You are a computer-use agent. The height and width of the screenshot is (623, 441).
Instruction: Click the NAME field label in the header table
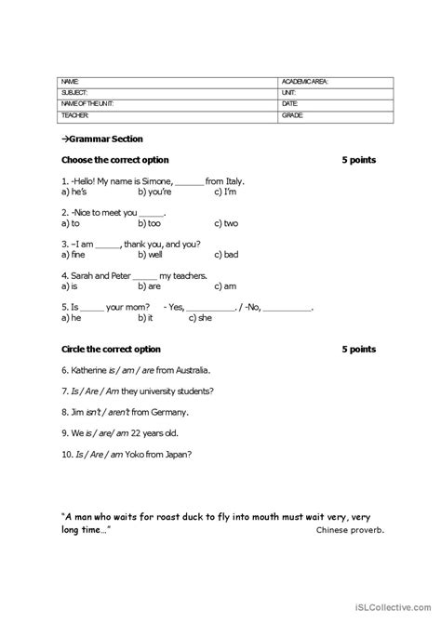pos(70,82)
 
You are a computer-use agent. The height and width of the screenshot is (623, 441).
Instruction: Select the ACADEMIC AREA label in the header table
pos(304,82)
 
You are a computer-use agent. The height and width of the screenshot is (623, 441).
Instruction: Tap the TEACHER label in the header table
pos(75,115)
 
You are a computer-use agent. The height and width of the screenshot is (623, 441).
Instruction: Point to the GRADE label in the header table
pos(293,115)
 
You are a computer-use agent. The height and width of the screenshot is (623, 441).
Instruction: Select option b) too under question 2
pos(149,223)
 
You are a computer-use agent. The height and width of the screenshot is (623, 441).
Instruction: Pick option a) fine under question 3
pos(72,254)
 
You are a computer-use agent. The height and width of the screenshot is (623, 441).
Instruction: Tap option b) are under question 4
pos(149,285)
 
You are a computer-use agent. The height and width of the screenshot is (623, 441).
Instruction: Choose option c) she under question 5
pos(200,317)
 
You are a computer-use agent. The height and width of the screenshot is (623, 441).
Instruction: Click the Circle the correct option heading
pos(111,350)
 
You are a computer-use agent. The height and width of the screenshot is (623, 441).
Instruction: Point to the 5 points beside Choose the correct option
pos(358,160)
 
